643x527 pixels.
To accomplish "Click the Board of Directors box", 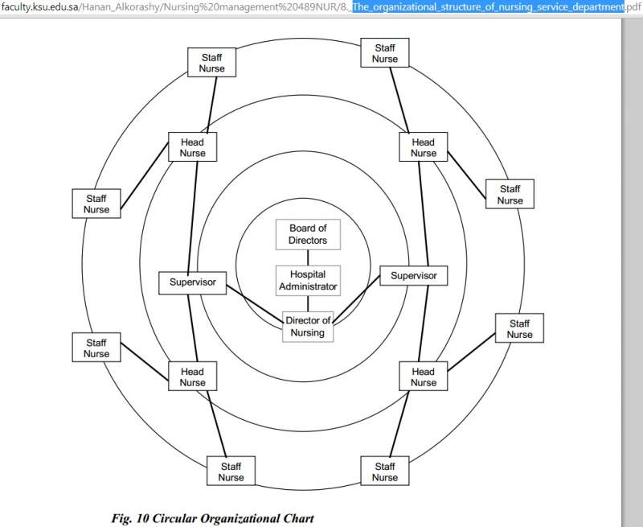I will [308, 234].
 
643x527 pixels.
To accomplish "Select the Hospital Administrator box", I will [308, 280].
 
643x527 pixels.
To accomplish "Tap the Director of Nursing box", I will [308, 327].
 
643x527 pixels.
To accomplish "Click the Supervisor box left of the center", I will [192, 282].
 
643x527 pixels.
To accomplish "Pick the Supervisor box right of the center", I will [413, 276].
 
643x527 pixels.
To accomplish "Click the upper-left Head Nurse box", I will [192, 147].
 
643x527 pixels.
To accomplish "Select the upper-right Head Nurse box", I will [423, 147].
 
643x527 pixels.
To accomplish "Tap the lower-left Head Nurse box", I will [192, 377].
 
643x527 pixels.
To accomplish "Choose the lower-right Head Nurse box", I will [423, 377].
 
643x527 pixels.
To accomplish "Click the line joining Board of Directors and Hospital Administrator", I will [308, 257].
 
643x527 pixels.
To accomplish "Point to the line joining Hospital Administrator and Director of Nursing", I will [308, 304].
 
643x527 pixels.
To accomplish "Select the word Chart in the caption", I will [296, 517].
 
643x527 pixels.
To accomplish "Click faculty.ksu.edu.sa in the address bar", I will [39, 7].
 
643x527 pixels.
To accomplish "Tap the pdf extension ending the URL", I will [633, 7].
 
